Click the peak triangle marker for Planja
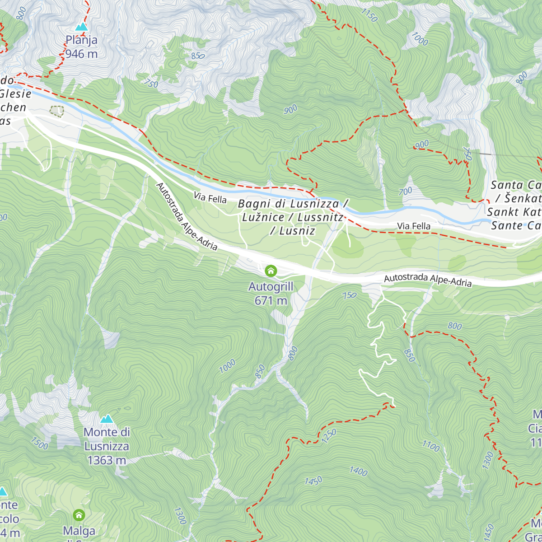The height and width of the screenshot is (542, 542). point(81,27)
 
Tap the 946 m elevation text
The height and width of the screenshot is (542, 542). point(81,54)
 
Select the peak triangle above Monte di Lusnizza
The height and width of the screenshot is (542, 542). point(107,419)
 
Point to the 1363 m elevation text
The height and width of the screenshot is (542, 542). point(107,460)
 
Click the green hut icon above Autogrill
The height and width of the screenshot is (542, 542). point(271,271)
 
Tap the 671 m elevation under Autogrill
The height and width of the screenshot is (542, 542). point(271,300)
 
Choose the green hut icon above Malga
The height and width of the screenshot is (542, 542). point(79,515)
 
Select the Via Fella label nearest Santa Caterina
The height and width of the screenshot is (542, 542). point(414,226)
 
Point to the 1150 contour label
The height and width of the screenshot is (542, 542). point(369,15)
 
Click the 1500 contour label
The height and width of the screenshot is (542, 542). point(39,444)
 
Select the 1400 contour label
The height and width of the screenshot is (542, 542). point(358,471)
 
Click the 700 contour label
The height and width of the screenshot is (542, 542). point(405,192)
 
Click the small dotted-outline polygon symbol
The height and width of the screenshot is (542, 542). point(57,111)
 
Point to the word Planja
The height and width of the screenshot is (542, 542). point(81,40)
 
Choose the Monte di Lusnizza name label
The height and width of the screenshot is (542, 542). point(107,439)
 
